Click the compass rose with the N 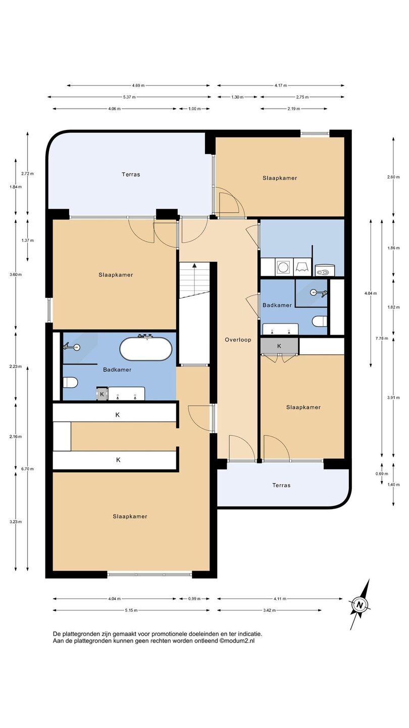tap(360, 605)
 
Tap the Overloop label tap(238, 340)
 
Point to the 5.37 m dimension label tap(129, 97)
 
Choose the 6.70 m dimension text tap(28, 469)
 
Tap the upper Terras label tap(131, 174)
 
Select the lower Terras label tap(281, 485)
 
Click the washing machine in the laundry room tap(284, 267)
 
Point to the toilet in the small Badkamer tap(320, 322)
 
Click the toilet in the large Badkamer tap(70, 382)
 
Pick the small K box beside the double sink tap(102, 394)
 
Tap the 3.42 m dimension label tap(270, 610)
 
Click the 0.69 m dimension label tap(382, 474)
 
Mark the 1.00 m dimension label tap(194, 109)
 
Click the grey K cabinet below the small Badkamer tap(279, 346)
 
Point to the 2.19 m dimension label tap(294, 109)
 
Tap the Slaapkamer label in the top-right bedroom tap(280, 178)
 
